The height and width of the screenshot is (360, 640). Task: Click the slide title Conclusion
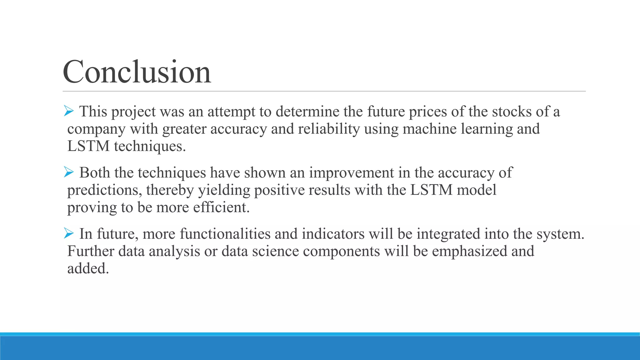tap(137, 72)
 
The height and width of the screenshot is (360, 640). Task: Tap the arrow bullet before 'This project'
tap(68, 111)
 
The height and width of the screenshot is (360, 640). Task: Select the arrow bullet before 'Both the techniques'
tap(68, 172)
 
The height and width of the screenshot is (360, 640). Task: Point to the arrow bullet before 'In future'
tap(68, 233)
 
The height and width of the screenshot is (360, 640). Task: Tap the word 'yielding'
tap(224, 190)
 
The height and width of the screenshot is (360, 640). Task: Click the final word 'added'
tap(88, 268)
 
